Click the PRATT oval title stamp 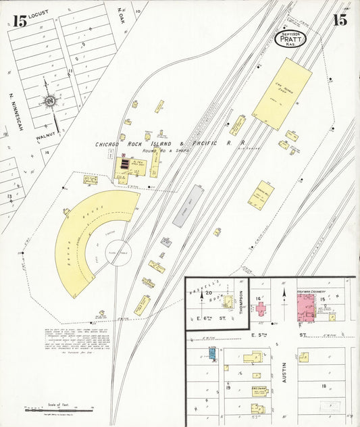pos(292,39)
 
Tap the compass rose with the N pos(49,102)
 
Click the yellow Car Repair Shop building pos(282,94)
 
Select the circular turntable pos(120,253)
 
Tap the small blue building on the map pos(212,352)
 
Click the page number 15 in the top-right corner pos(339,20)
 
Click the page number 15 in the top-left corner pos(20,21)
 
